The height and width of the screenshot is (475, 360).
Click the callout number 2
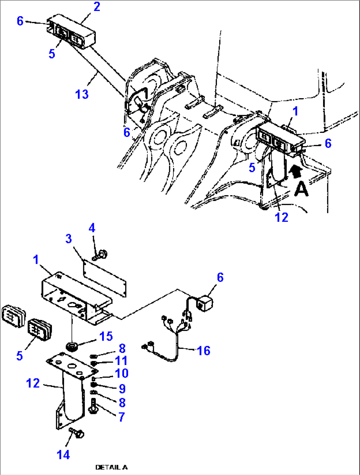[96, 7]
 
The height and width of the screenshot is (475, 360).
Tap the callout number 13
[82, 94]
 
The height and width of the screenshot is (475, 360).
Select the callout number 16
[203, 351]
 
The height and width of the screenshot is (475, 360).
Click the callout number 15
[106, 336]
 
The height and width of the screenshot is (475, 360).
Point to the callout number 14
[63, 455]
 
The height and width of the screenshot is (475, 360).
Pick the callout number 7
[122, 417]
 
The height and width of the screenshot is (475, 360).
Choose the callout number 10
[122, 373]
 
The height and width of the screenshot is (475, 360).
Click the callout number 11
[121, 361]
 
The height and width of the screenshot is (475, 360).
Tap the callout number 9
[122, 389]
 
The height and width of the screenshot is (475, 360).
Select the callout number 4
[92, 228]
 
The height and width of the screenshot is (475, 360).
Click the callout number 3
[68, 239]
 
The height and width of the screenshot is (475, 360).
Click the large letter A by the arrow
[301, 189]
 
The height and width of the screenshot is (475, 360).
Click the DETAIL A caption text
[111, 467]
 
